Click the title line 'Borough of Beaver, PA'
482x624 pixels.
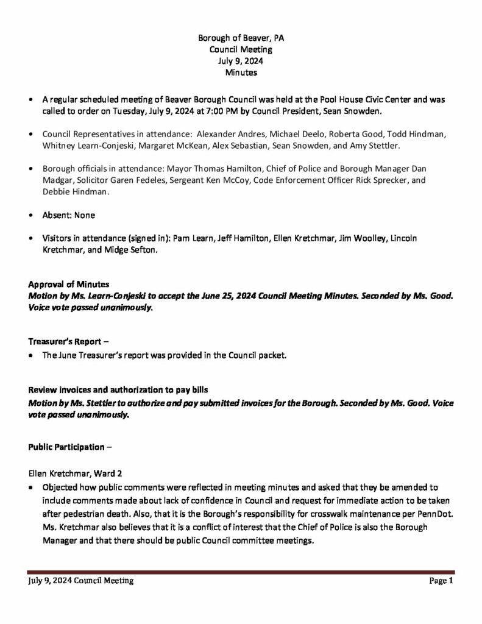pos(241,38)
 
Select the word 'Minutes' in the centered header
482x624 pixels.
pos(241,73)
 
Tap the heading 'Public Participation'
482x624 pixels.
pos(66,447)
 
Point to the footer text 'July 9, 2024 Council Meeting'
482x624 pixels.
pos(80,581)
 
